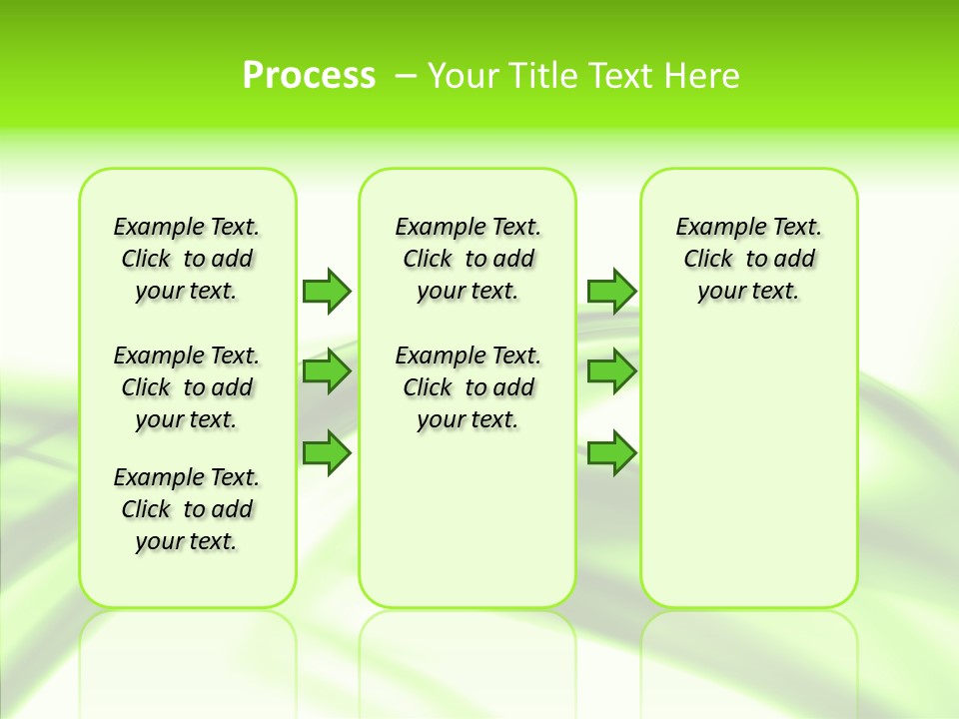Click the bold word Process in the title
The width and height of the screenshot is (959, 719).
click(x=309, y=76)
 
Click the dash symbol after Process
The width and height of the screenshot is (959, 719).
click(x=406, y=76)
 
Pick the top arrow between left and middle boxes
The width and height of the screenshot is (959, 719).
click(x=327, y=291)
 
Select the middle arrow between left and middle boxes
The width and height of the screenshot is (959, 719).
click(x=327, y=371)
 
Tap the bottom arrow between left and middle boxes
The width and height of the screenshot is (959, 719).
click(x=327, y=453)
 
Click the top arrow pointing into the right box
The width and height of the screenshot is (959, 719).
click(x=611, y=291)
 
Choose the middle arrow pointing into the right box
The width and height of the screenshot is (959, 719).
click(x=611, y=371)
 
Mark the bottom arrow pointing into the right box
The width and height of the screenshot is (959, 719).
click(x=611, y=453)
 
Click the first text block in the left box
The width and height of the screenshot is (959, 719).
click(x=187, y=259)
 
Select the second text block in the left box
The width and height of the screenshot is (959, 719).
click(x=187, y=387)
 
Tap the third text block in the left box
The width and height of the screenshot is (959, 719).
click(x=187, y=509)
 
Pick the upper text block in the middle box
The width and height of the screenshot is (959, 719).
click(x=468, y=259)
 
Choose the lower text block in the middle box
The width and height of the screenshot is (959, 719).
click(x=468, y=387)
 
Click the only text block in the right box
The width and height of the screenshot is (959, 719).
click(x=748, y=259)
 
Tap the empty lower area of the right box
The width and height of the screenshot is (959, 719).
click(x=748, y=479)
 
